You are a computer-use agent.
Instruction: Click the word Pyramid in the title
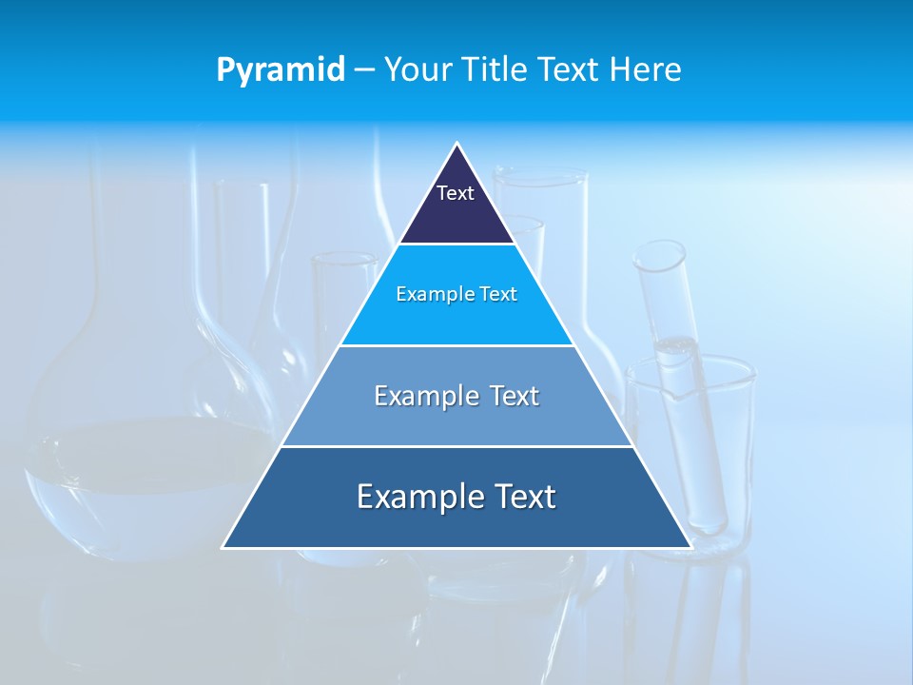click(281, 70)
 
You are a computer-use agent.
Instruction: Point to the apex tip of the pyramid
click(456, 145)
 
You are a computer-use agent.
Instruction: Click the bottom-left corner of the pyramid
click(224, 546)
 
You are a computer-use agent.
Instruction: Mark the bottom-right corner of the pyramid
click(690, 546)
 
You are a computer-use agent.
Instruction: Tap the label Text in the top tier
click(455, 193)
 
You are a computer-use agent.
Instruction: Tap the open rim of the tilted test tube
click(659, 253)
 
